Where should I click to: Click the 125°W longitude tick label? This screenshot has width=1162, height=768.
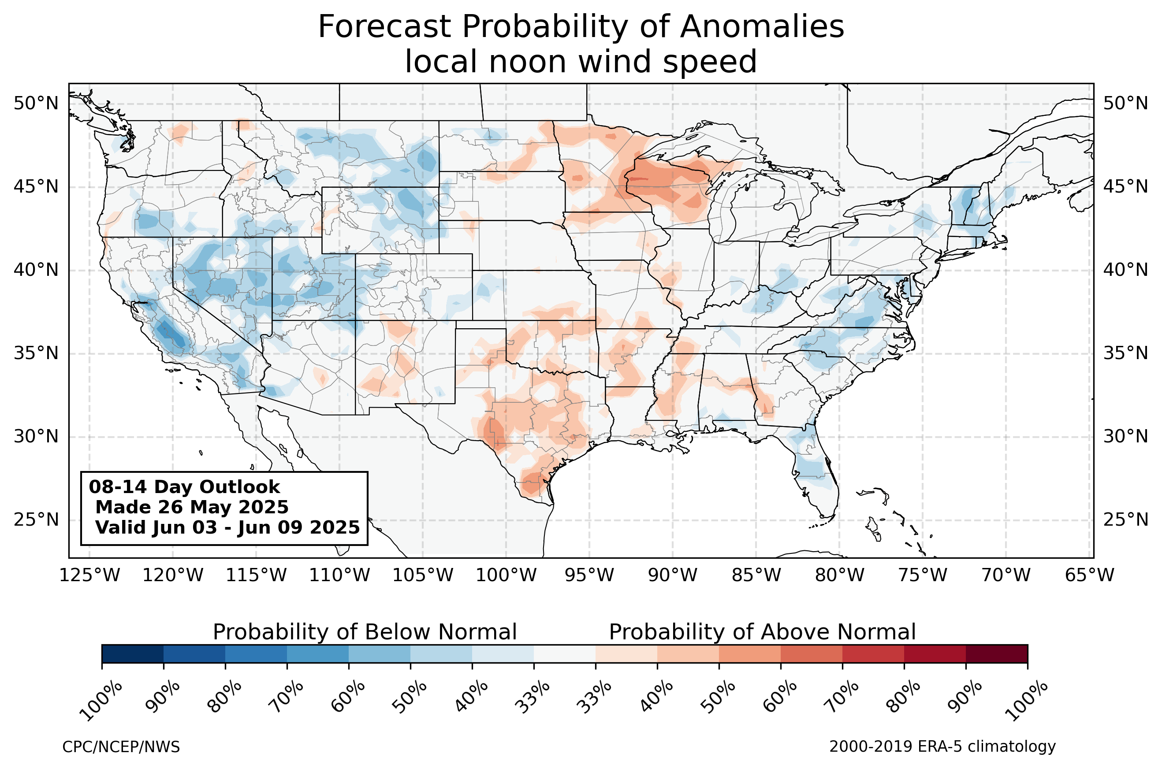pyautogui.click(x=89, y=575)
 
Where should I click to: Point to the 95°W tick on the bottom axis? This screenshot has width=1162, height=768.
pyautogui.click(x=589, y=575)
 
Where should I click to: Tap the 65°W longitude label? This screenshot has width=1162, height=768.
pyautogui.click(x=1090, y=575)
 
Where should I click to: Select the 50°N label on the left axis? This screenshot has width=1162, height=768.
pyautogui.click(x=36, y=104)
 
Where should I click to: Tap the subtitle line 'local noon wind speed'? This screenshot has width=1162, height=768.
pyautogui.click(x=581, y=62)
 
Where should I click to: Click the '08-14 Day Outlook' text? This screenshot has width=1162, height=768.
pyautogui.click(x=184, y=487)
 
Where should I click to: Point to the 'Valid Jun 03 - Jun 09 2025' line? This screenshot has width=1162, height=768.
pyautogui.click(x=227, y=527)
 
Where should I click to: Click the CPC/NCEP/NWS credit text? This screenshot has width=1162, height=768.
pyautogui.click(x=121, y=747)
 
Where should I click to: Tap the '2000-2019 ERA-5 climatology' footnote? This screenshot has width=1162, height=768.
pyautogui.click(x=942, y=747)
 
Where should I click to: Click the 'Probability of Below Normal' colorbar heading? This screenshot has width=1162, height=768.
pyautogui.click(x=365, y=632)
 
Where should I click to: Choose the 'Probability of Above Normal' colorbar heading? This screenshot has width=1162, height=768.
pyautogui.click(x=762, y=632)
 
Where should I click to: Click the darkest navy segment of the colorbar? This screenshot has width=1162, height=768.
pyautogui.click(x=133, y=654)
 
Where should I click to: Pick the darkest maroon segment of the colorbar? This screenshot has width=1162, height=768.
pyautogui.click(x=997, y=654)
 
